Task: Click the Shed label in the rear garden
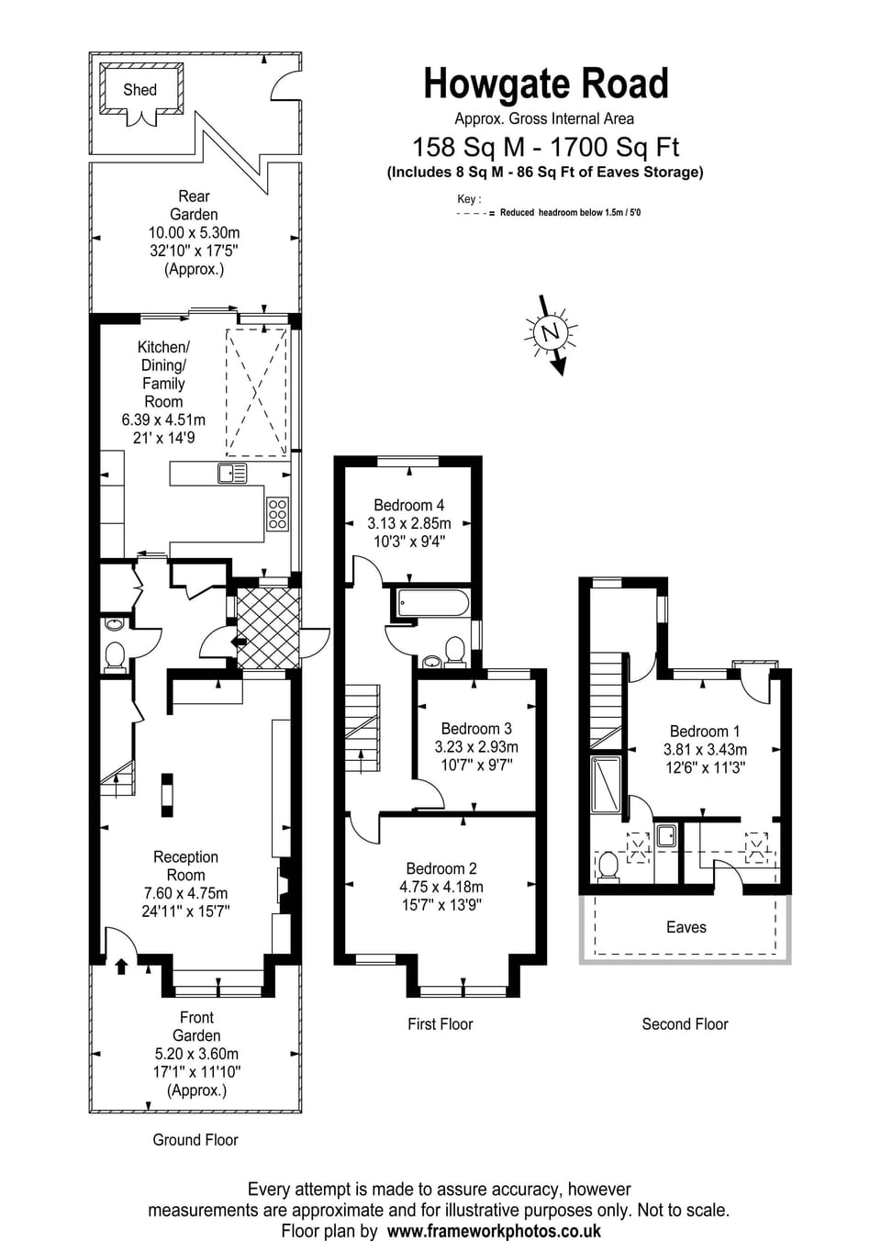pos(139,90)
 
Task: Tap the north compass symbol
pos(551,332)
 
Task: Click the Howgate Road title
pos(545,84)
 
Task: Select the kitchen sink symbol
pos(232,474)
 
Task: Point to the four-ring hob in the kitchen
pos(277,514)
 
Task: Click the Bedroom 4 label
pos(408,505)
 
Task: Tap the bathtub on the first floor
pos(432,604)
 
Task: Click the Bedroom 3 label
pos(475,729)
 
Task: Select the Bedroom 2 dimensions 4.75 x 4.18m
pos(440,887)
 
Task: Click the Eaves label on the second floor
pos(686,927)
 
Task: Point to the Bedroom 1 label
pos(704,732)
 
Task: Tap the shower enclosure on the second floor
pos(606,784)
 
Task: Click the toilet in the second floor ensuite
pos(607,865)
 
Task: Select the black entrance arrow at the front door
pos(121,965)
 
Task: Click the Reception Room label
pos(185,866)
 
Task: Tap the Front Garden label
pos(196,1026)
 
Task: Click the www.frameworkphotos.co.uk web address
pos(494,1232)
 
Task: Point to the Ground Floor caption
pos(195,1140)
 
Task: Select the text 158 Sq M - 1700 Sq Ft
pos(545,147)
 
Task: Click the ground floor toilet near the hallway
pos(115,655)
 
